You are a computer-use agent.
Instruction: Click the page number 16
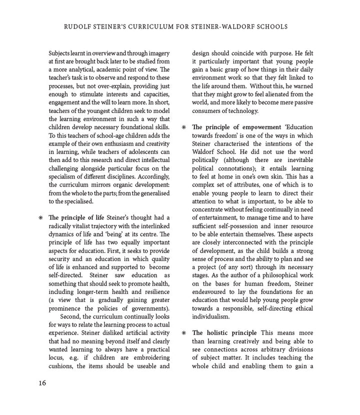(x=42, y=383)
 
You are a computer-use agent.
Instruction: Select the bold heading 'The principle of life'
(x=76, y=217)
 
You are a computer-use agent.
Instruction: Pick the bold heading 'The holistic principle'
(x=224, y=333)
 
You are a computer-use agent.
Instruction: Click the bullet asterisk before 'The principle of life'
(x=40, y=218)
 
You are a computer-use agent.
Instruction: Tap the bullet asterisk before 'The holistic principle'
(x=184, y=333)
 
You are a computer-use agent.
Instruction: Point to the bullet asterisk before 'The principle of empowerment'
(x=184, y=127)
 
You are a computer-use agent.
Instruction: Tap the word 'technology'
(x=240, y=110)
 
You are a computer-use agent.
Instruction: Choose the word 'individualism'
(x=211, y=316)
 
